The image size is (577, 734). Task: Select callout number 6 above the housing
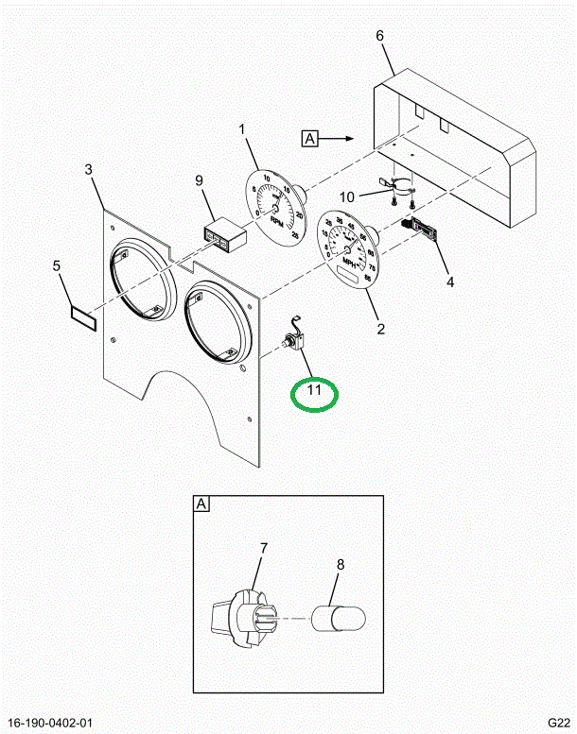tap(380, 36)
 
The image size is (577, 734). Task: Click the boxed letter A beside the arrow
tap(311, 139)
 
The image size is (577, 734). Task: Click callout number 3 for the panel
tap(88, 170)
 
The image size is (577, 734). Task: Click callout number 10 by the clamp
tap(347, 196)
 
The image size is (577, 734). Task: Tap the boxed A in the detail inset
tap(201, 504)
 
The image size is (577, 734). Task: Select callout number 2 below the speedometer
tap(381, 330)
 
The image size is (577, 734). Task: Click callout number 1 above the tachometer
tap(241, 129)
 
